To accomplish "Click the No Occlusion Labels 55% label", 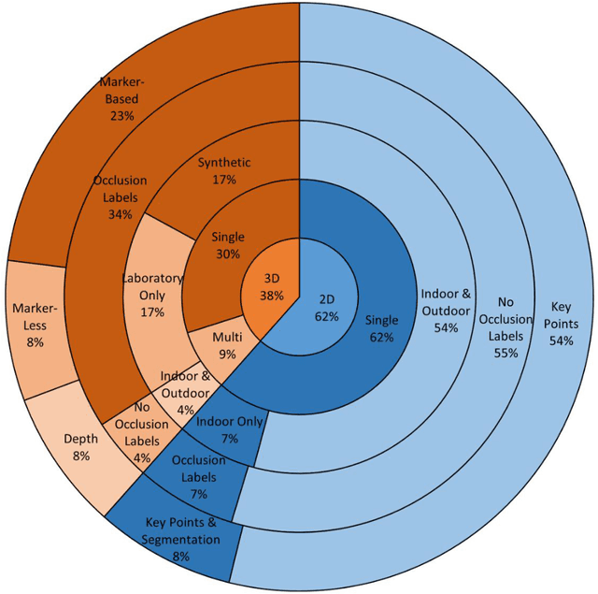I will coord(505,326).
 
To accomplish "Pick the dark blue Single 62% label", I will coord(381,328).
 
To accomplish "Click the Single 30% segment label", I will coord(227,244).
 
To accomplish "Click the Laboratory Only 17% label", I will coord(152,295).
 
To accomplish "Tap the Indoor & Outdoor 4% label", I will coord(185,392).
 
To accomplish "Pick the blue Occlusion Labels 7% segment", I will coord(197,475).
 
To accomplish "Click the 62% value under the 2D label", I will coord(327,315).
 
